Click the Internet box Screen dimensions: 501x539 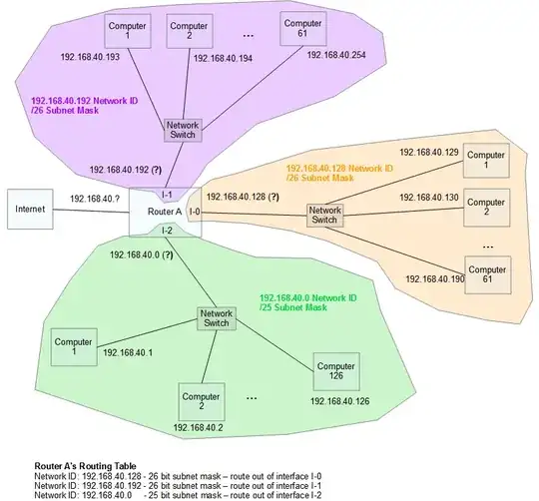31,211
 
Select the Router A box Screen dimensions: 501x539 165,212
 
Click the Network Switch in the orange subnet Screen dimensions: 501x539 324,216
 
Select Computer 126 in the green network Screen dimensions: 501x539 337,370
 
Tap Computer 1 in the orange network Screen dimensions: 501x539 486,163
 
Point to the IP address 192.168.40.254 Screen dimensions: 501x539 334,55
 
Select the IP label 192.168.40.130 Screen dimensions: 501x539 429,198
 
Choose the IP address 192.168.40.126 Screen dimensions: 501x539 338,401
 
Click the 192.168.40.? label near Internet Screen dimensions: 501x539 96,200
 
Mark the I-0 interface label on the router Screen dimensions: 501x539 195,212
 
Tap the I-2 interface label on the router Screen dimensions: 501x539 168,231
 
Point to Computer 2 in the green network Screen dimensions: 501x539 202,401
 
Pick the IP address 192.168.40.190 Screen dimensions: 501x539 430,279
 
